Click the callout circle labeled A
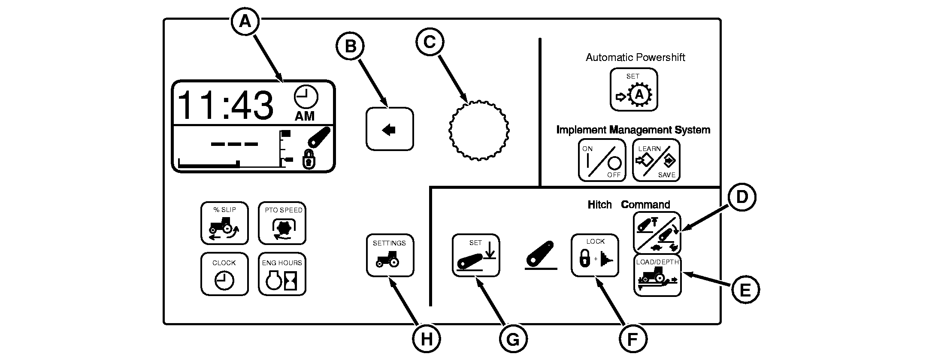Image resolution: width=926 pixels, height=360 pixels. point(245,21)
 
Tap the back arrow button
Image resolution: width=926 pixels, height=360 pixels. point(390,129)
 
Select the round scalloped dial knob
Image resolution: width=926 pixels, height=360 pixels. point(478,130)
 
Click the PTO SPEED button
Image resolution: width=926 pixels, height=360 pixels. point(282,223)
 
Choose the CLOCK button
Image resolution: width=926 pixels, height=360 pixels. point(224,274)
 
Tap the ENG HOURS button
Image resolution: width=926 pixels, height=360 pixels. point(282,274)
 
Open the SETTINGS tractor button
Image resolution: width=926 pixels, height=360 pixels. point(390,255)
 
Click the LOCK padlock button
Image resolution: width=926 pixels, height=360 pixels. point(595,255)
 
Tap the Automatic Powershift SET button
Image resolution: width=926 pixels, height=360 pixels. point(634,90)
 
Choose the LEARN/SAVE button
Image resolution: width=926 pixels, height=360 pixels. point(656,160)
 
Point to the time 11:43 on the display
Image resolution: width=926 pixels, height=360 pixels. point(225,105)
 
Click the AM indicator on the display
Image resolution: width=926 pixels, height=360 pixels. point(305,116)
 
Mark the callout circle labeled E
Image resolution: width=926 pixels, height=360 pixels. point(745,290)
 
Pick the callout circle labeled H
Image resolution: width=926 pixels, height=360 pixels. point(427,339)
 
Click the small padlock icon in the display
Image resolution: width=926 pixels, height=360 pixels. point(309,160)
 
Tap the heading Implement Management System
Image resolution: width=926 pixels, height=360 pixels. point(633,130)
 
